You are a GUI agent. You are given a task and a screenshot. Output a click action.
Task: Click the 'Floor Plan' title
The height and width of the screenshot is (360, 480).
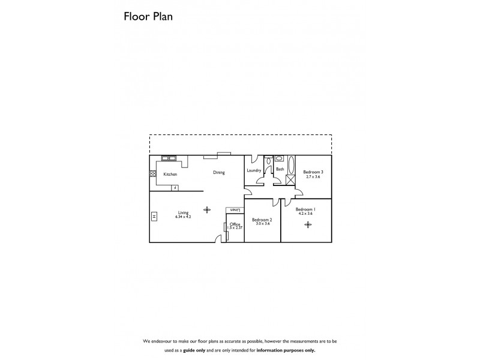point(148,16)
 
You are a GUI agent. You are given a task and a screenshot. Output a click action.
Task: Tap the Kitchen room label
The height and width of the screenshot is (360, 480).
point(170,175)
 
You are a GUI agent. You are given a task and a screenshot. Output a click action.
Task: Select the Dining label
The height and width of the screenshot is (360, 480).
point(219,173)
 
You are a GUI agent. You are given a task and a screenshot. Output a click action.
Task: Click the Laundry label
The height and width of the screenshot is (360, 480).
point(254,170)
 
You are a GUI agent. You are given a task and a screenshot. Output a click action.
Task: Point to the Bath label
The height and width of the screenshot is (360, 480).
point(280,169)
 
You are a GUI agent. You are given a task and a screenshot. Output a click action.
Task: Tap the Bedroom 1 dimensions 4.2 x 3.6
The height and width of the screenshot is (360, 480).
point(305,214)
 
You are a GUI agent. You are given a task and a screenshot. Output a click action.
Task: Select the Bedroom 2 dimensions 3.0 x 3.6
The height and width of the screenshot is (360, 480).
point(262,223)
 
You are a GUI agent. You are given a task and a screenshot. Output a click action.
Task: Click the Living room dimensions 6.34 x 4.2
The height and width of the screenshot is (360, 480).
point(183,216)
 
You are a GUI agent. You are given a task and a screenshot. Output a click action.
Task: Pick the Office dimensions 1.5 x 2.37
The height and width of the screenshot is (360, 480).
point(235,228)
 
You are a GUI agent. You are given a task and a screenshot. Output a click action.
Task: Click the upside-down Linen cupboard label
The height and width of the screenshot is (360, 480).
point(235,210)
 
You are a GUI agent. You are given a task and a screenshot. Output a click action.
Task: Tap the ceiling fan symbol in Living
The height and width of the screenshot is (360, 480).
point(208,209)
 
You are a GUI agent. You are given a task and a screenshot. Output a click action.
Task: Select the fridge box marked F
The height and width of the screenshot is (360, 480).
point(175,187)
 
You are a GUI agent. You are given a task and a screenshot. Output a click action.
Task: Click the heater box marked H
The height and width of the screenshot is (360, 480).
point(154,216)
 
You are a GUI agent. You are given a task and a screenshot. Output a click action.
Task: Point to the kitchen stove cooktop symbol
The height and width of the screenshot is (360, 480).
point(153,175)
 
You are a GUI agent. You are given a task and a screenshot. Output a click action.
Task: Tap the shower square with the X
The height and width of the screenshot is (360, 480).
point(291,181)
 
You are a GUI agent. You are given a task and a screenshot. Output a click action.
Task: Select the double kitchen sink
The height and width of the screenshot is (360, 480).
point(169,158)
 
